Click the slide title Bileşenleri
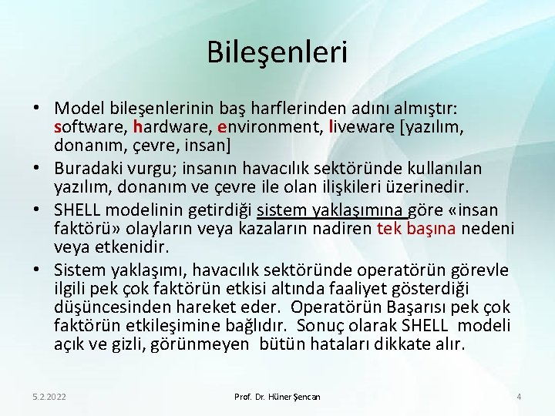(277, 52)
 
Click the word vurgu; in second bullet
(160, 169)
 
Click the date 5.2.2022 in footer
(49, 396)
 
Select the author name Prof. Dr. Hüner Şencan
(277, 396)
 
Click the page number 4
(519, 396)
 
